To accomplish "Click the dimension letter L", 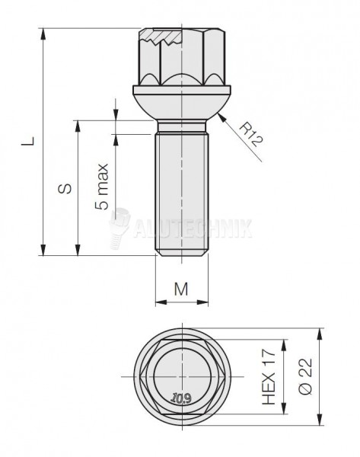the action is [29, 141].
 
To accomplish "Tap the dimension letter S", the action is [65, 188].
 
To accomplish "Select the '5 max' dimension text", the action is [102, 187].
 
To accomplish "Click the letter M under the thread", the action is [181, 289].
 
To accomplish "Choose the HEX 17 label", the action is [269, 376].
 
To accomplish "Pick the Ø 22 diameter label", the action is [305, 376].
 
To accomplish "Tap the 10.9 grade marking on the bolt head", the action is [181, 398].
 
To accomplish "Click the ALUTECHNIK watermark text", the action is [193, 228].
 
